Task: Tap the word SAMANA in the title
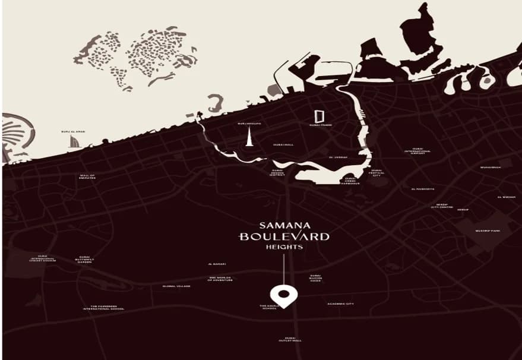coord(283,226)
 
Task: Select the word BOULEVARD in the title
coord(284,236)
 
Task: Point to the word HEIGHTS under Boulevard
coord(284,247)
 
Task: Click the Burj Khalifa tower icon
coord(249,137)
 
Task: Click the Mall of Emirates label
coord(87,176)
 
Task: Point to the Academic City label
coord(340,304)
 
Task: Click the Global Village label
coord(176,286)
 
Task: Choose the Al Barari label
coord(217,264)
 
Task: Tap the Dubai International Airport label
coord(417,151)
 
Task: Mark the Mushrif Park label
coord(487,230)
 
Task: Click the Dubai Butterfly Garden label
coord(84,260)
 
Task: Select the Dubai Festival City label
coord(376,173)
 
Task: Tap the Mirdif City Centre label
coord(441,207)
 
